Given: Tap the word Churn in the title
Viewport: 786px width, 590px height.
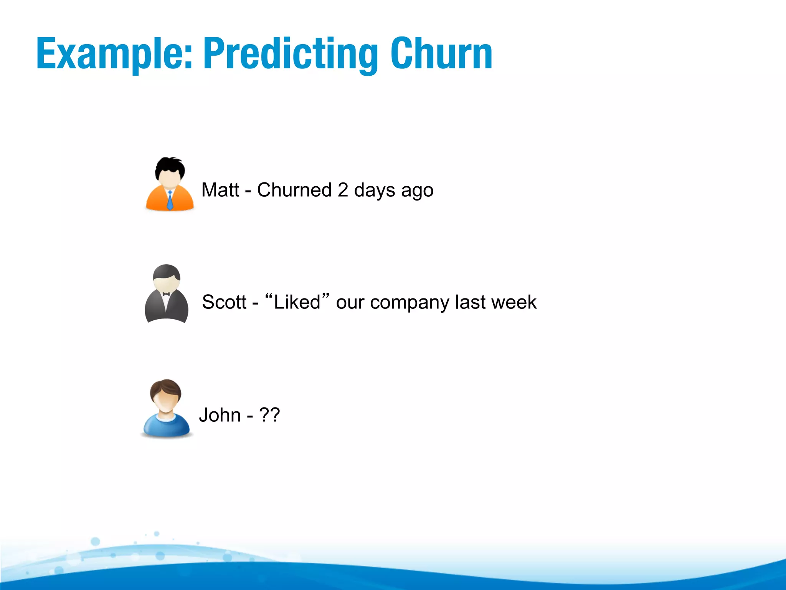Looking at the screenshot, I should [441, 54].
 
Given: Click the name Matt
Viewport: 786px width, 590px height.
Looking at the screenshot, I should [220, 190].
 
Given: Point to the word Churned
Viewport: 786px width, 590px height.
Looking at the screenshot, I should [294, 190].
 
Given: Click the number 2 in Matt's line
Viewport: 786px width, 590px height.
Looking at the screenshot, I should [343, 190].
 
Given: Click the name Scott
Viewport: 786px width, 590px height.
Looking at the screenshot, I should [224, 302].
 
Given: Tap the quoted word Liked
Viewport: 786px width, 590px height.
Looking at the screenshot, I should [297, 302].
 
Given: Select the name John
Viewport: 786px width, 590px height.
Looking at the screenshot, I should [220, 415].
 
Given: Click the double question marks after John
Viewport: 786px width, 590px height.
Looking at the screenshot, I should [270, 415].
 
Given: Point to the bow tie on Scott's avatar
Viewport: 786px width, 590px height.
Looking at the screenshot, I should [166, 294].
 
